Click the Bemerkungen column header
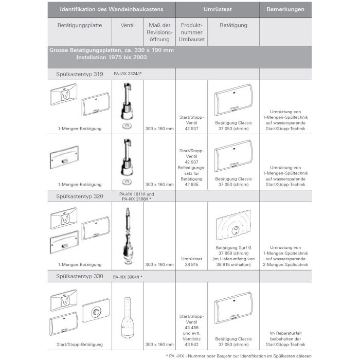point(285,10)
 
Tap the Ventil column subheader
point(128,25)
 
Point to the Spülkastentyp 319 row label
point(79,74)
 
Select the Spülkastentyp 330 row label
point(79,276)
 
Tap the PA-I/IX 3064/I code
point(128,277)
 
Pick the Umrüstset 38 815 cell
point(191,261)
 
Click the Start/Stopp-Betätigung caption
point(80,344)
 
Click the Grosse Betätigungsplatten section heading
point(112,54)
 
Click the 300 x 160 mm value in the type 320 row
point(159,264)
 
